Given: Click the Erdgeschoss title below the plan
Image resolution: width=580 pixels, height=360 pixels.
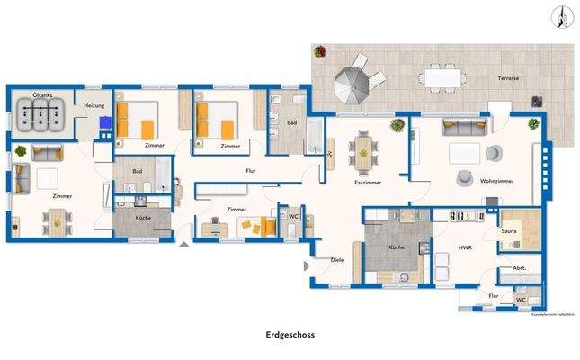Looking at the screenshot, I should click(290, 333).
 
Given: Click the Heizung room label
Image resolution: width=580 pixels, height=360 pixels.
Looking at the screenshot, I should click(94, 105).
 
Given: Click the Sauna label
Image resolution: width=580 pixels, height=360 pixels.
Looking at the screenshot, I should click(510, 231).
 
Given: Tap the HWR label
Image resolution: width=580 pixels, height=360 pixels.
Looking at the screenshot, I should click(465, 247).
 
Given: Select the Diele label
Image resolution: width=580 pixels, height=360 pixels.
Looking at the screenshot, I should click(337, 260).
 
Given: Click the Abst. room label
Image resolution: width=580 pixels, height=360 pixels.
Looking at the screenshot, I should click(519, 268).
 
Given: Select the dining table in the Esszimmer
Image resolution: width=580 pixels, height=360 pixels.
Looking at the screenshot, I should click(363, 151).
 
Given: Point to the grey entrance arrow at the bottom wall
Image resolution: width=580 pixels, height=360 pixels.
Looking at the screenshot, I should click(185, 243).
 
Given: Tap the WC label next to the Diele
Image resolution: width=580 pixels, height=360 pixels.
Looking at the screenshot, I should click(293, 216).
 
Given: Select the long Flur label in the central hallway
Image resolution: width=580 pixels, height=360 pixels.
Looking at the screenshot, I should click(251, 169).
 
